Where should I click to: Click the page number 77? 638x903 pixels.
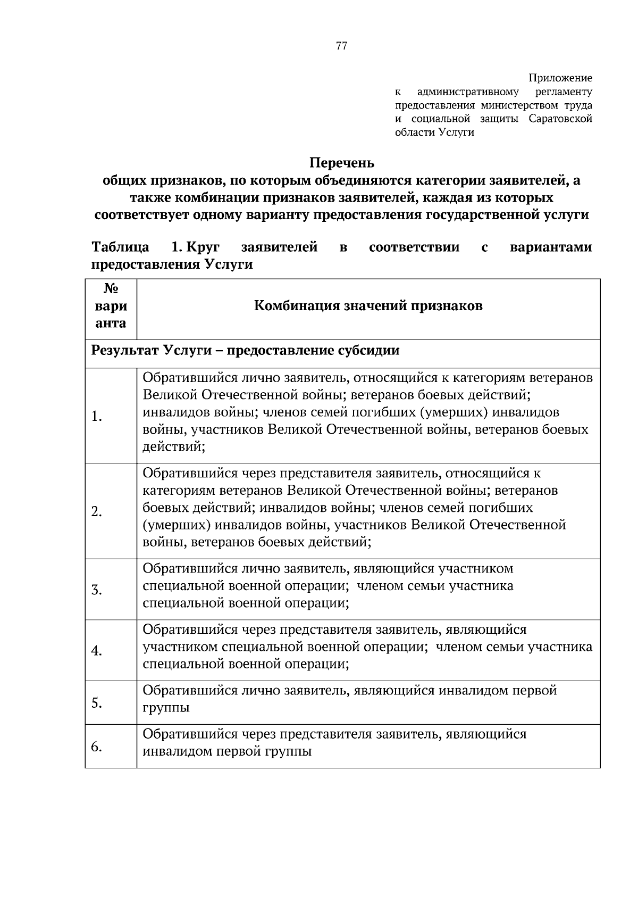click(x=342, y=46)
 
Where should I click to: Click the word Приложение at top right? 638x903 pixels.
click(x=560, y=78)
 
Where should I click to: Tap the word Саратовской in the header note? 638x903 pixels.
click(x=560, y=119)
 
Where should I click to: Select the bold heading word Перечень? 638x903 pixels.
click(x=342, y=162)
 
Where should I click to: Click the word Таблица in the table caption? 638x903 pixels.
click(x=121, y=247)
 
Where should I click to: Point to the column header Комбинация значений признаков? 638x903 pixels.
click(x=368, y=306)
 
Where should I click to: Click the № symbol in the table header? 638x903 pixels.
click(x=111, y=289)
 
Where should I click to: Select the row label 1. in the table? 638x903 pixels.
click(x=97, y=416)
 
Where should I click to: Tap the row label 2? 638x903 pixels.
click(x=97, y=511)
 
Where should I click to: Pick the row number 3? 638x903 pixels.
click(x=97, y=590)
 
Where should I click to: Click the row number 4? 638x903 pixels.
click(x=97, y=651)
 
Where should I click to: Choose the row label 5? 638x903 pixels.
click(x=97, y=703)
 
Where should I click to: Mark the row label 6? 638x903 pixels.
click(x=97, y=747)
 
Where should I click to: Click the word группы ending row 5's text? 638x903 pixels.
click(x=166, y=708)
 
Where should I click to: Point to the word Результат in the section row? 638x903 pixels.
click(x=125, y=351)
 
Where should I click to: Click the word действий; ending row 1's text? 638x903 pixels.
click(x=174, y=446)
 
